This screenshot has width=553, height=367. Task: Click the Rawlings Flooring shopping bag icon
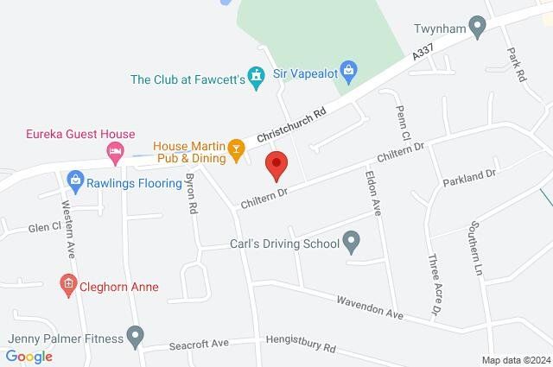pyautogui.click(x=75, y=180)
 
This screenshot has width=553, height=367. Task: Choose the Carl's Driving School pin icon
pyautogui.click(x=351, y=244)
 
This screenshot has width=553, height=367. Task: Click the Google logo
pyautogui.click(x=29, y=356)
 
